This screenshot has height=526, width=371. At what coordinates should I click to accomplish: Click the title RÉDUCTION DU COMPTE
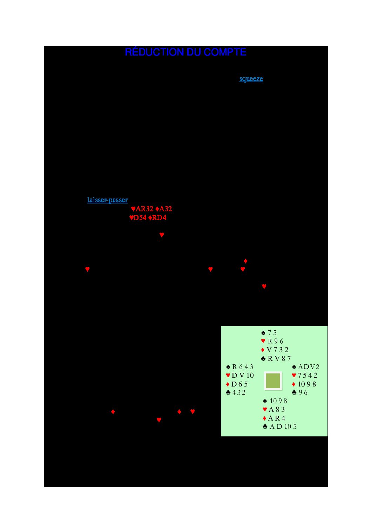185,52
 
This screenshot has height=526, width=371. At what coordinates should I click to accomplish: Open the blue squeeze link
251,79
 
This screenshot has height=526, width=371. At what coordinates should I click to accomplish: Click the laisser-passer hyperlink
107,200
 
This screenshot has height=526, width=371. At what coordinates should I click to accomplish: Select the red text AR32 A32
151,208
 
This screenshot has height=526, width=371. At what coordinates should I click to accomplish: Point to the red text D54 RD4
148,217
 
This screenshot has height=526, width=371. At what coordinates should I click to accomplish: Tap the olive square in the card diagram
273,381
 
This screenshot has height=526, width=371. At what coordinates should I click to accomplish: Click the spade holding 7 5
269,333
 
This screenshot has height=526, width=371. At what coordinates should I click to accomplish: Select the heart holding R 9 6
272,341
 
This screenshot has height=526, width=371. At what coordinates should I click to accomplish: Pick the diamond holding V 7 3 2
275,350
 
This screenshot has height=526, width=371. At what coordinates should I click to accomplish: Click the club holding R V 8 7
276,358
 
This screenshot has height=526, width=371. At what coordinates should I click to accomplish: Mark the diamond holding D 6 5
237,384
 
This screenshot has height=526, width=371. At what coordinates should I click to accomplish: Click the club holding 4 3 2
236,392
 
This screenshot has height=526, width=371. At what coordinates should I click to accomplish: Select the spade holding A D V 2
306,367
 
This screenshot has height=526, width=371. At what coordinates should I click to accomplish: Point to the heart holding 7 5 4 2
305,376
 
